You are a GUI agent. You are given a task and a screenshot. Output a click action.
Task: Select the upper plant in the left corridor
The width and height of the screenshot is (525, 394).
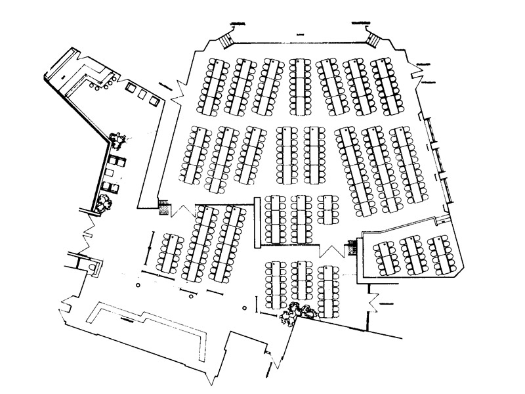click(x=119, y=139)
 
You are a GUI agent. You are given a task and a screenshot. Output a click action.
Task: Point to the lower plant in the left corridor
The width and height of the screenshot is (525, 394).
click(x=104, y=202)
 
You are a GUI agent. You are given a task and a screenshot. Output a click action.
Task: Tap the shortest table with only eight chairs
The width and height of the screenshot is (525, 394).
click(x=326, y=209)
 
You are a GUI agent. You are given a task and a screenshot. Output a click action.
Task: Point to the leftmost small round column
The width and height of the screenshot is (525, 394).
click(x=138, y=285)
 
